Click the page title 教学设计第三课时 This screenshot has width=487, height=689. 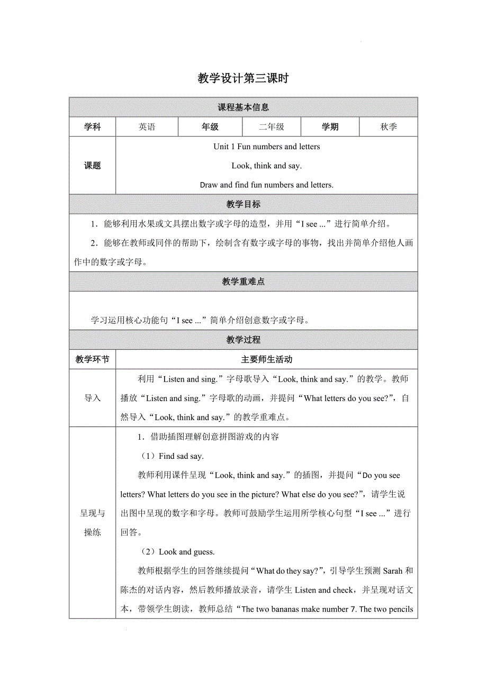point(243,79)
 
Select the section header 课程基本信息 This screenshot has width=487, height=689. point(243,107)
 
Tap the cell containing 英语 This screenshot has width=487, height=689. point(147,127)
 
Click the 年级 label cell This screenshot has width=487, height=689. point(210,127)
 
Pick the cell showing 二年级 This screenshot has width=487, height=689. point(272,127)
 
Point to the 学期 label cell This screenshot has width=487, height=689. point(330,127)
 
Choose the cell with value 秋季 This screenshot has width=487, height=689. point(389,127)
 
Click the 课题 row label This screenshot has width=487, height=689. point(93,166)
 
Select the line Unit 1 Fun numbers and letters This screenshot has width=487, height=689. point(267,147)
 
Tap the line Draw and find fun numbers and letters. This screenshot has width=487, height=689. point(267,185)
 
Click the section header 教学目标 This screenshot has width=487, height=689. point(243,204)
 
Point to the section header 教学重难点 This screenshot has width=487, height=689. point(243,282)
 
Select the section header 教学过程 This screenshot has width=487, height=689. point(243,340)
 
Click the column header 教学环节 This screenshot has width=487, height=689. point(93,359)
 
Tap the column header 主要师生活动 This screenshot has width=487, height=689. point(267,359)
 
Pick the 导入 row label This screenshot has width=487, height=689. point(93,398)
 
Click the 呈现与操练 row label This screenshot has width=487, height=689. point(93,523)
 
